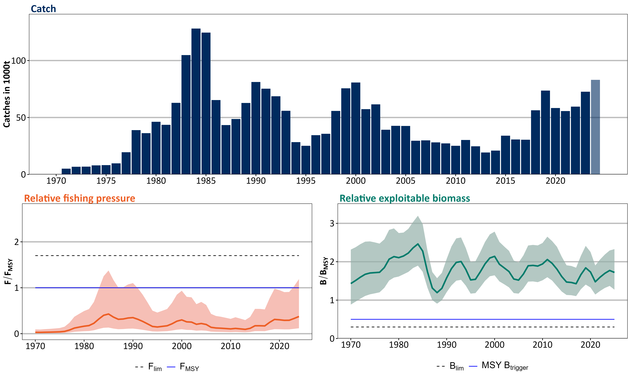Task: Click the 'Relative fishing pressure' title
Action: (x=80, y=198)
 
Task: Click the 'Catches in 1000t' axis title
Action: (x=7, y=94)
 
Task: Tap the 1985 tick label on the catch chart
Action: (x=206, y=181)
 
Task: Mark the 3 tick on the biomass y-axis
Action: (x=332, y=223)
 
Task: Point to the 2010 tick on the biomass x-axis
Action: (x=543, y=345)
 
